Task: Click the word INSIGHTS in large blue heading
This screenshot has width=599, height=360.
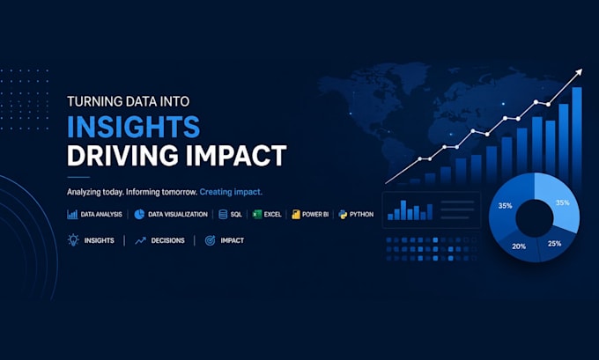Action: tap(133, 127)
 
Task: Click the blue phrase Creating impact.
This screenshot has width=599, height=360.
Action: tap(231, 192)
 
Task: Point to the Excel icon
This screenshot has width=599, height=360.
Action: tap(257, 214)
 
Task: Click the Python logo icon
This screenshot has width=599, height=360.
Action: tap(343, 214)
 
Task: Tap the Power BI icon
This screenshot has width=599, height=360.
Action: tap(296, 214)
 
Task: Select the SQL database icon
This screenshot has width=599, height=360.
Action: tap(223, 214)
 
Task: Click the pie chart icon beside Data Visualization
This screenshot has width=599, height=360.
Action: tap(139, 214)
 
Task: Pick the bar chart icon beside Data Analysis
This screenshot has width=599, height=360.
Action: tap(72, 214)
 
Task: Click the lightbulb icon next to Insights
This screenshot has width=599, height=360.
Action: tap(73, 239)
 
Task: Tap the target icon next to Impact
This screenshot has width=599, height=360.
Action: tap(211, 240)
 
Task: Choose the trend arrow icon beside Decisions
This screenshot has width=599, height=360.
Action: tap(140, 240)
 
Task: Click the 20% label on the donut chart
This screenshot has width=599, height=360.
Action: tap(519, 246)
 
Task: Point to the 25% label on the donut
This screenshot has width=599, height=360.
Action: tap(554, 243)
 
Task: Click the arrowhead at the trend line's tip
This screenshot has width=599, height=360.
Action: tap(580, 72)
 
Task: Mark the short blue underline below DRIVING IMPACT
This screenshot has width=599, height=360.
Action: tap(78, 177)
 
